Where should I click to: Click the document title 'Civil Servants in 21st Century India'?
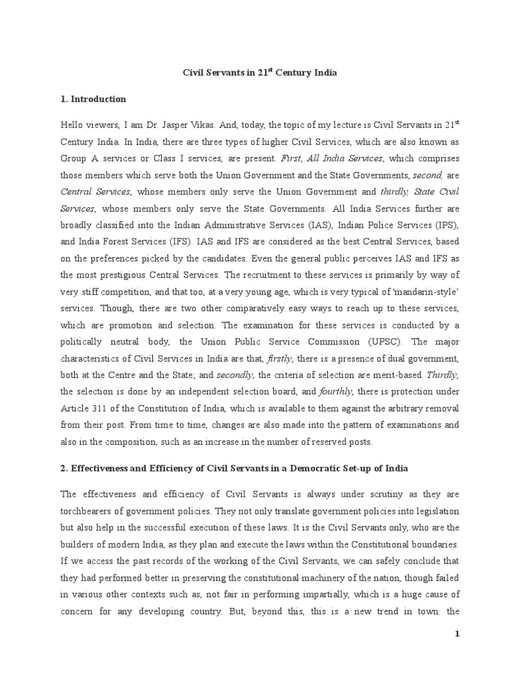click(260, 73)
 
